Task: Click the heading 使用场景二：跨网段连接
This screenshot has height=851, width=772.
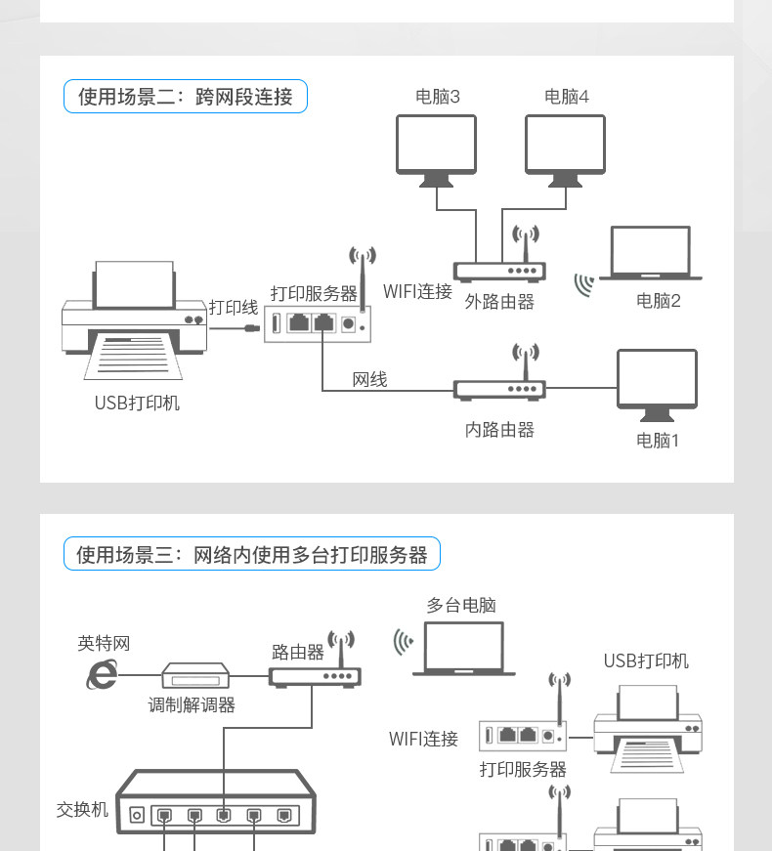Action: coord(185,97)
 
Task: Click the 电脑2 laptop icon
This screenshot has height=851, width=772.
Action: coord(650,254)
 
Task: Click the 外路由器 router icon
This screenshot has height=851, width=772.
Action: coord(499,272)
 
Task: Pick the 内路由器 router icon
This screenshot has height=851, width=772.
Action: coord(499,389)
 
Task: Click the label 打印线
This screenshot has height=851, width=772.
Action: coord(234,307)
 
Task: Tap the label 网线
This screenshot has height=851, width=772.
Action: coord(369,379)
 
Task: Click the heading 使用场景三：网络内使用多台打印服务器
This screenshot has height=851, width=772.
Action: coord(251,555)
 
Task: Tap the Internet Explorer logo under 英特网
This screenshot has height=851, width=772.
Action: coord(102,674)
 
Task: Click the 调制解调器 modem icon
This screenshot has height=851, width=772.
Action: coord(195,675)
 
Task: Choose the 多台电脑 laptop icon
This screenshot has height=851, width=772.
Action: coord(463,649)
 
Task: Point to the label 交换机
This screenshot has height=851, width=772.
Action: coord(83,809)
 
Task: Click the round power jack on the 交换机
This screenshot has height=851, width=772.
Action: coord(137,814)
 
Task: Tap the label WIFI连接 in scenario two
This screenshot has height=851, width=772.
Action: coord(417,291)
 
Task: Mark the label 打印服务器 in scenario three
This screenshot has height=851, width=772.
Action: coord(523,769)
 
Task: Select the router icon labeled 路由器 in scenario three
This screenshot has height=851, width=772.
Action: coord(316,675)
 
